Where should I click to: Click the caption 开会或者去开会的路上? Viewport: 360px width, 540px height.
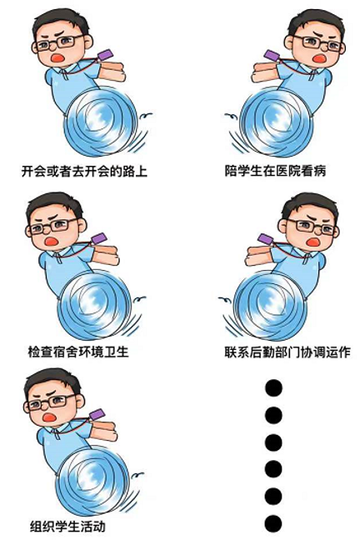point(84,171)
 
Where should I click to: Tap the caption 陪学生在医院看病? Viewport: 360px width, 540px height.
point(275,171)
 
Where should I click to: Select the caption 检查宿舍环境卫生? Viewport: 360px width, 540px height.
point(78,352)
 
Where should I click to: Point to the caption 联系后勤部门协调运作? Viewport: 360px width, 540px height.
point(287,352)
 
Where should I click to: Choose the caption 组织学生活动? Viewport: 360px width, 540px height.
point(67,527)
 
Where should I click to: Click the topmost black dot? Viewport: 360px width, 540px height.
point(274,387)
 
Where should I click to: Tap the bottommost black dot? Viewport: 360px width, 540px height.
point(274,523)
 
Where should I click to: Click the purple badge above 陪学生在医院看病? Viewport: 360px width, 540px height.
point(272,55)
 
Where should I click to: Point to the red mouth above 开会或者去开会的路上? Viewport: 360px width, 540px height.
point(57,57)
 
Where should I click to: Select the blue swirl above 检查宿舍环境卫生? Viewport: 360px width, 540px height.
point(94,304)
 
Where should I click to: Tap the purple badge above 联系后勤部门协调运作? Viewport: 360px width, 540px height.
point(266,238)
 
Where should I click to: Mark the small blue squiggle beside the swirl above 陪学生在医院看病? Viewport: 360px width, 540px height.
point(231,116)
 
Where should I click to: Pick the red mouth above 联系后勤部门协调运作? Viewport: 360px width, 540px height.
point(312,242)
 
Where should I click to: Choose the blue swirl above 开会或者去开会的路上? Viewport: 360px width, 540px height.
point(101,122)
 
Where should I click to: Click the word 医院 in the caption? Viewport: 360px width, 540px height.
point(288,171)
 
